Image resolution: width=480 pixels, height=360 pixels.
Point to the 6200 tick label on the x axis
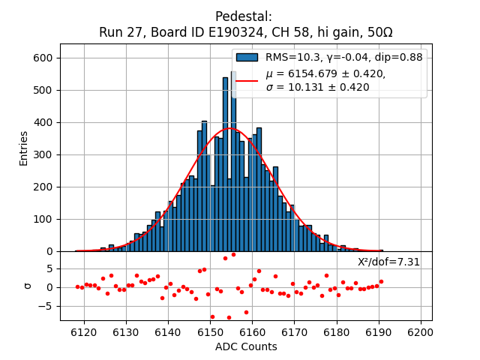pos(420,332)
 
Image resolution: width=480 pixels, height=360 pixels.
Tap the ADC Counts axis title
pos(246,346)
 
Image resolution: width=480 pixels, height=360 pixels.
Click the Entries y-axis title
pos(24,148)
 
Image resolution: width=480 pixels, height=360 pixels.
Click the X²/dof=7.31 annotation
pos(388,262)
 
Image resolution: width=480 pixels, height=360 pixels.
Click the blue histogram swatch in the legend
pos(247,57)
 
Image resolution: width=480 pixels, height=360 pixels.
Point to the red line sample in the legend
pos(247,80)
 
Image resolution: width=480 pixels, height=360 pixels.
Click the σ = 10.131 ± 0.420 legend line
pos(317,88)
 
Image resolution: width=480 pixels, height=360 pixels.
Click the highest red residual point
pos(233,254)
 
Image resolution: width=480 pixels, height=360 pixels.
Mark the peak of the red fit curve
pos(229,129)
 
